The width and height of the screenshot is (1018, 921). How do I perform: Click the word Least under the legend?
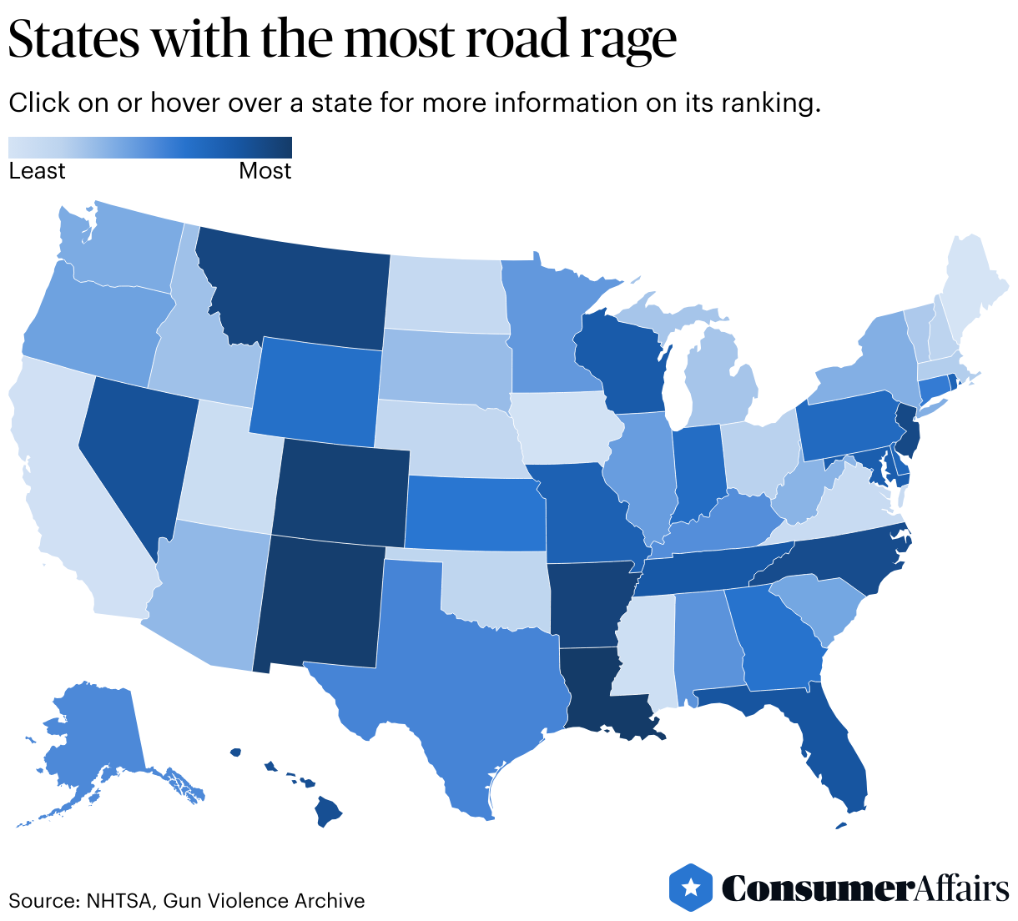coord(37,171)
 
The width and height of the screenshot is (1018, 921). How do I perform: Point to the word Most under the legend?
coord(265,171)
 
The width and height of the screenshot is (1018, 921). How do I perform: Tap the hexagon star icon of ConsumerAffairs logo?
coord(690,887)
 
